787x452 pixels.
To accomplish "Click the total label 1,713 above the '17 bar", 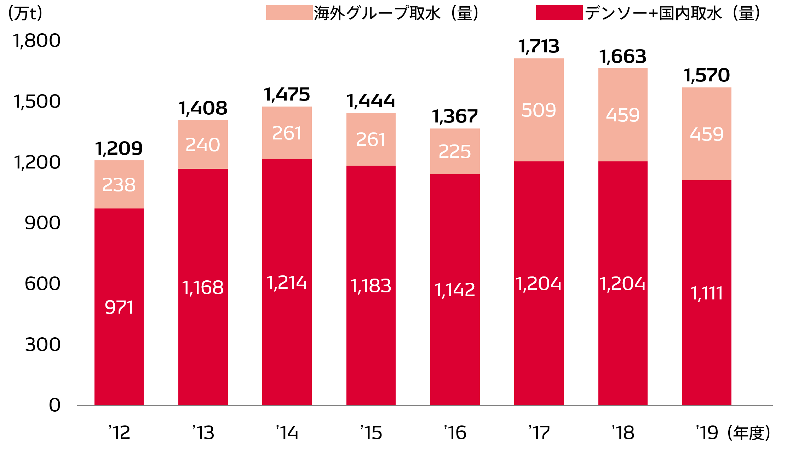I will (539, 47).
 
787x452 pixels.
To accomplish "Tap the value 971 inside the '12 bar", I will (119, 307).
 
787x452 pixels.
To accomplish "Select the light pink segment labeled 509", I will (539, 110).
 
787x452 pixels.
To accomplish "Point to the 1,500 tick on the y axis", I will (37, 102).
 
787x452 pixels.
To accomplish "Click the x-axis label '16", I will (455, 433).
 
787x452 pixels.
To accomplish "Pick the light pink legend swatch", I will (289, 13).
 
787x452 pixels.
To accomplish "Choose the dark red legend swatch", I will (559, 13).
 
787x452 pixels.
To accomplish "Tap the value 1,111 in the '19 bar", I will (706, 293).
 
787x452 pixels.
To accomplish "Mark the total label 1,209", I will (119, 149).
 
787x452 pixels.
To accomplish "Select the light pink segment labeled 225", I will (455, 151).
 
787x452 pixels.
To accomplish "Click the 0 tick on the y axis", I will (55, 405).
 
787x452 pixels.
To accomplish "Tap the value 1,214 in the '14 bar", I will (287, 283).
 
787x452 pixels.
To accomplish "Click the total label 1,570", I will (706, 75).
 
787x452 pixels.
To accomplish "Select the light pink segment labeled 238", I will (119, 185).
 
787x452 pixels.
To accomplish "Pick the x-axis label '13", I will (203, 433).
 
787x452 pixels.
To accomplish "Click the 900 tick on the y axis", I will (42, 223).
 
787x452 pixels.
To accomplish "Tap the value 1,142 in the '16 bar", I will (455, 290).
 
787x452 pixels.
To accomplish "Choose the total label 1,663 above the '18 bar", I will (623, 57).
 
